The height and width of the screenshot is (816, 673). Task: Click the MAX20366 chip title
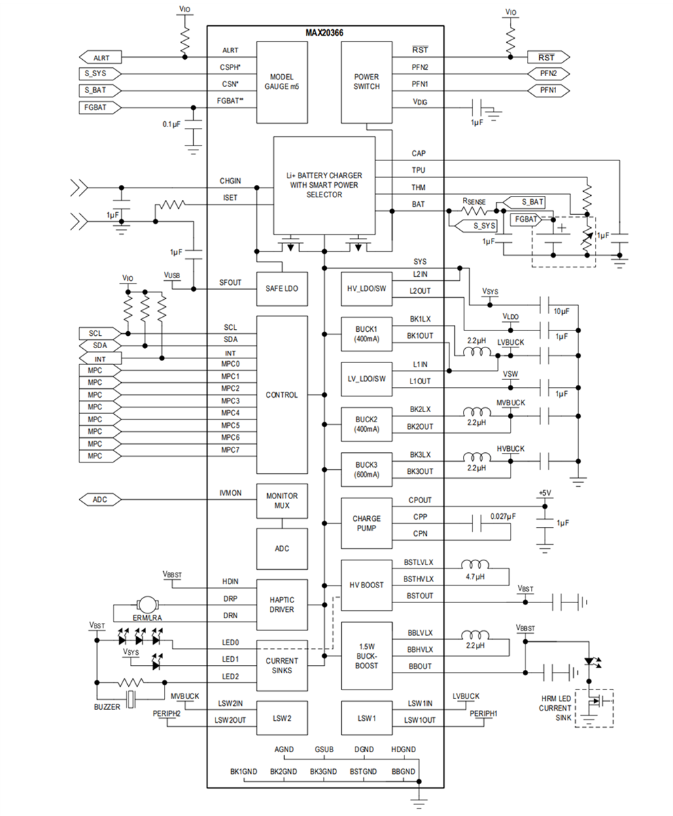coord(325,33)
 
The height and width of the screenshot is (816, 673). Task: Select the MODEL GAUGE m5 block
coord(281,82)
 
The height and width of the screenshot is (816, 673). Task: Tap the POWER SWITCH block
coord(366,82)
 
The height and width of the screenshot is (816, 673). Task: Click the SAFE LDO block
coord(281,289)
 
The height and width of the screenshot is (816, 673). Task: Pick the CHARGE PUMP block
coord(366,524)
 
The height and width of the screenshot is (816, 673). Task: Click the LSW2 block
coord(281,717)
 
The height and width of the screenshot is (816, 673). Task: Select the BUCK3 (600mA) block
coord(366,469)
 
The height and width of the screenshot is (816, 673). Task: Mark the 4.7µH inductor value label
coord(476,577)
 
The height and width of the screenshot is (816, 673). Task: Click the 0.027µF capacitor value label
coord(502,517)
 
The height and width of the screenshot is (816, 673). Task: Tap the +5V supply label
coord(544,492)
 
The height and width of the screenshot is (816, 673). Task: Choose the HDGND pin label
coord(402,749)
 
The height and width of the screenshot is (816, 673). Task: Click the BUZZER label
coord(107,707)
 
